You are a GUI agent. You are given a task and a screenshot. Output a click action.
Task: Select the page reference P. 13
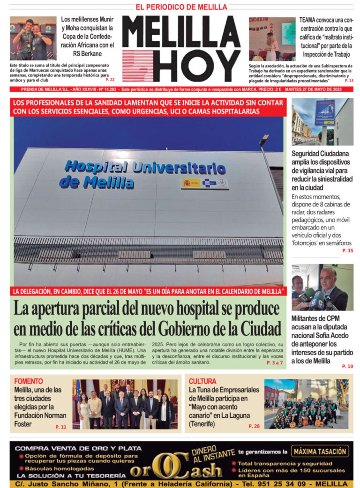349,81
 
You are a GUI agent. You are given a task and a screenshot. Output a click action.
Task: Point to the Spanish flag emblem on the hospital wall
190,183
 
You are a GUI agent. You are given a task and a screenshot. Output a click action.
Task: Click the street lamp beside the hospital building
264,140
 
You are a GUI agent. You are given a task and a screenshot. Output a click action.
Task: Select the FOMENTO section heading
29,381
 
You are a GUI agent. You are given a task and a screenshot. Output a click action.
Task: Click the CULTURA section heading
202,381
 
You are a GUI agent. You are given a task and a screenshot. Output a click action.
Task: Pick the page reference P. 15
348,251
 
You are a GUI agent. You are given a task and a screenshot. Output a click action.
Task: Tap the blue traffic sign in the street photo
324,112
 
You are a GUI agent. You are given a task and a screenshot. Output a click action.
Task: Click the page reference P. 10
348,366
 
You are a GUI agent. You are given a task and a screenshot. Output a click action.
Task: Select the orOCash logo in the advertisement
176,468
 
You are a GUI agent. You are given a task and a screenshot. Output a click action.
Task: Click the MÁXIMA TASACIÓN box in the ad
321,451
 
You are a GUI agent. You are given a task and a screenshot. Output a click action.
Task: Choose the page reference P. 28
254,426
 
